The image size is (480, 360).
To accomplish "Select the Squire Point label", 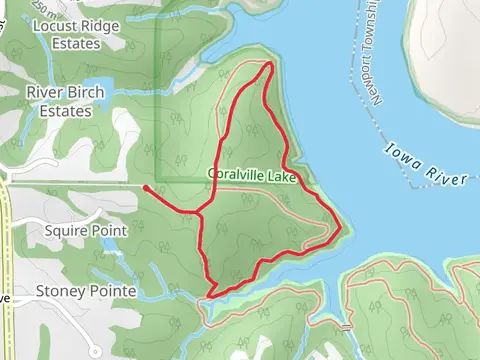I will tap(87, 231).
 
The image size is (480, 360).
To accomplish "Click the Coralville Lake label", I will tap(251, 174).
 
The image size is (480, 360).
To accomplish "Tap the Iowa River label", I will tap(426, 165).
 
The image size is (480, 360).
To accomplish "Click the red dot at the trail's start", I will tap(146, 187).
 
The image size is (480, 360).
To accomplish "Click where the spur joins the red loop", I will tap(201, 213).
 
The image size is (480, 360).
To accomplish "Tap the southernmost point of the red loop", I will tap(211, 294).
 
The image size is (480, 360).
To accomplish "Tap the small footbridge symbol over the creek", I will tap(345, 327).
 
